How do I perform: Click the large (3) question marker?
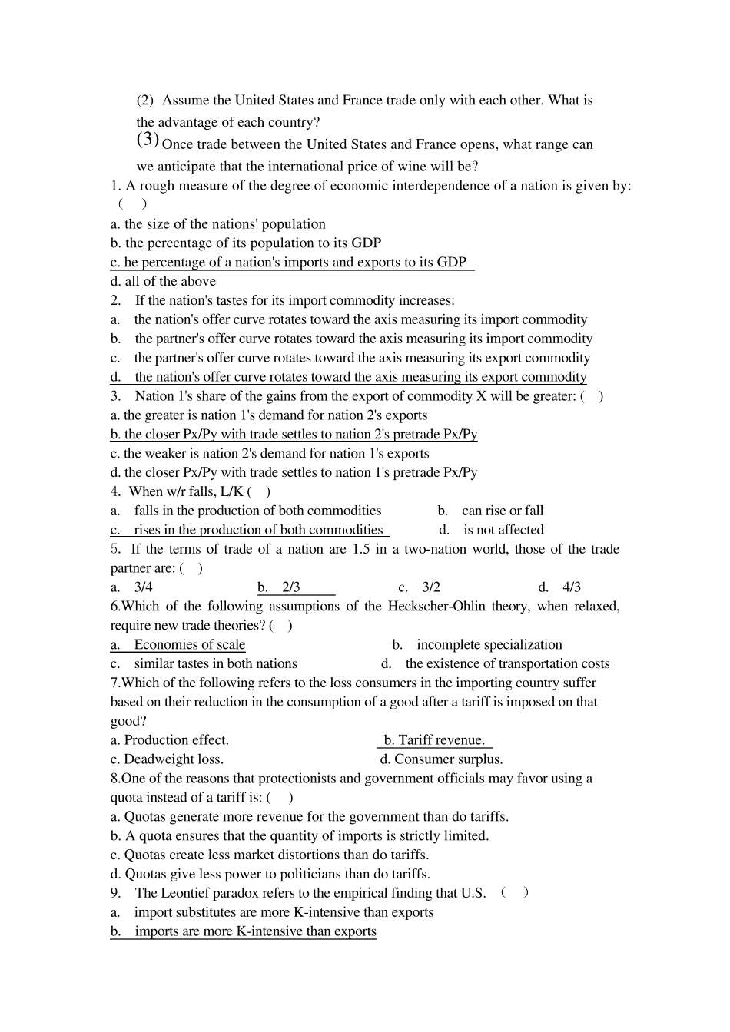click(x=148, y=140)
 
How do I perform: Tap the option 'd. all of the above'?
click(x=163, y=282)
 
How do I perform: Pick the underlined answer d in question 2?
click(x=348, y=377)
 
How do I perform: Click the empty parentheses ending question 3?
click(x=592, y=396)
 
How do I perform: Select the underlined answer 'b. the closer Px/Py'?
click(x=294, y=435)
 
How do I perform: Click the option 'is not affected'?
click(x=503, y=530)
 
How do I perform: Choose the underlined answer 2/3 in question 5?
click(x=290, y=587)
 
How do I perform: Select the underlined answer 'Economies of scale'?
click(x=189, y=645)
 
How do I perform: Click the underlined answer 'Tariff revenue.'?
click(x=435, y=740)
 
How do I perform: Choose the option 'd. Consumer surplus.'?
click(x=441, y=759)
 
